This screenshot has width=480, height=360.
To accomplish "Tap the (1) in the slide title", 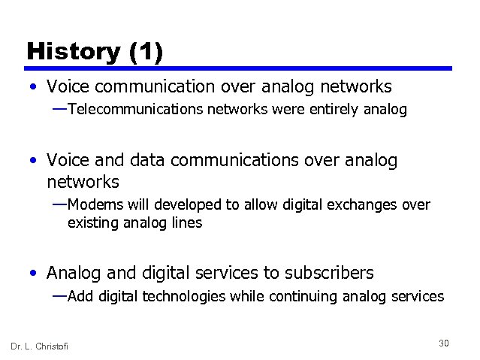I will pyautogui.click(x=146, y=51).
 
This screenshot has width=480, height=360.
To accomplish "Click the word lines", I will pyautogui.click(x=187, y=223).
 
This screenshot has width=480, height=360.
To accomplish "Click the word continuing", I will pyautogui.click(x=300, y=296).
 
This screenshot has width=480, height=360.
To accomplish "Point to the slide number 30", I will pyautogui.click(x=443, y=343).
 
